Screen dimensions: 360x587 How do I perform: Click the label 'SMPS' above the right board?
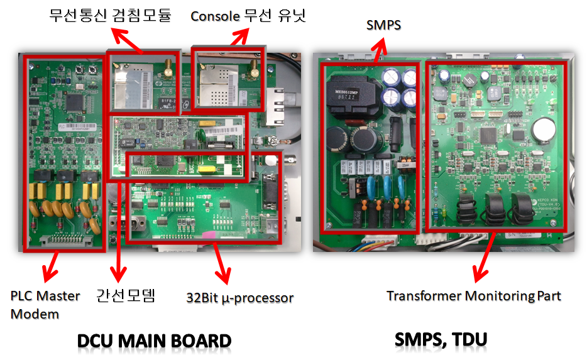coord(383,25)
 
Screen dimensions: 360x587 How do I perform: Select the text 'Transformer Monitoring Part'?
coord(473,295)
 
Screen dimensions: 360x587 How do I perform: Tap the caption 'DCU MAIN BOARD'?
coord(154,341)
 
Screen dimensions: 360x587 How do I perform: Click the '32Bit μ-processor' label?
coord(240,297)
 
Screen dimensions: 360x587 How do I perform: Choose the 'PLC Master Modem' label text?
coord(45,304)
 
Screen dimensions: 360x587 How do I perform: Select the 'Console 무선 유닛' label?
coord(248,15)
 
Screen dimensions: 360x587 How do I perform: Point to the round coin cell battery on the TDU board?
coord(542,131)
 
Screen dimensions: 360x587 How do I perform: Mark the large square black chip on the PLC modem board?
coord(75,101)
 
